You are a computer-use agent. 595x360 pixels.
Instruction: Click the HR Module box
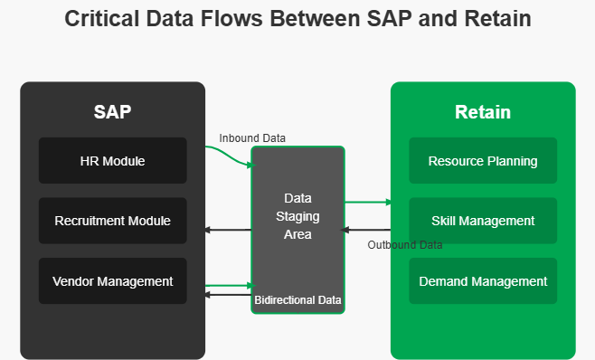(x=112, y=161)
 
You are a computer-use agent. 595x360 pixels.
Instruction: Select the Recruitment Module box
(x=112, y=221)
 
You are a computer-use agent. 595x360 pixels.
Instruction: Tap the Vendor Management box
(x=112, y=281)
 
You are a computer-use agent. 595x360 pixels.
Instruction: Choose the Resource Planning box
(x=483, y=161)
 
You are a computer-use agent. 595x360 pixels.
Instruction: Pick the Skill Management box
(x=483, y=221)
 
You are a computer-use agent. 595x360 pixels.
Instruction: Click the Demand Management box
(x=483, y=281)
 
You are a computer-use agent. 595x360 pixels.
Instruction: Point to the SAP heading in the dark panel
(x=112, y=112)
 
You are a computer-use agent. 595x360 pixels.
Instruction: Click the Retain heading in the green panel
(x=482, y=112)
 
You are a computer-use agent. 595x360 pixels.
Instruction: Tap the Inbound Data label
(x=252, y=138)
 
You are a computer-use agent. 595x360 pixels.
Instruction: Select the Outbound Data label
(x=405, y=245)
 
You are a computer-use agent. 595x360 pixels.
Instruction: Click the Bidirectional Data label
(x=297, y=298)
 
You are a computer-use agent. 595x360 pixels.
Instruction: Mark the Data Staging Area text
(x=297, y=216)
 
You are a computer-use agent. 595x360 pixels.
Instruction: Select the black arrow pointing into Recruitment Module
(x=227, y=231)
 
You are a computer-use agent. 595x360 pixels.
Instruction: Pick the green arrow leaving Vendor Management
(x=228, y=285)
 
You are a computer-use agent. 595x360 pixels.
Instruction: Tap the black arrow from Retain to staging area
(x=366, y=231)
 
